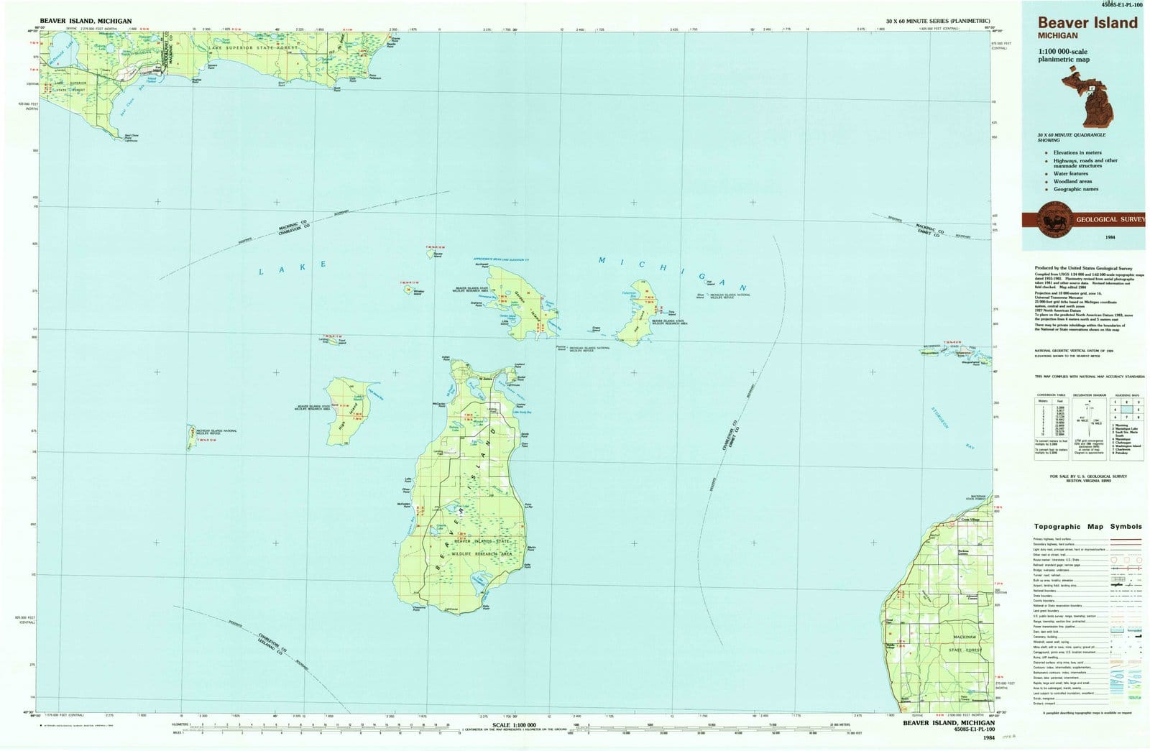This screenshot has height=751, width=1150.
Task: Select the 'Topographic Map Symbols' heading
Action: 1087,527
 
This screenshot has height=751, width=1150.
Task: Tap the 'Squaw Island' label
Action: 438,255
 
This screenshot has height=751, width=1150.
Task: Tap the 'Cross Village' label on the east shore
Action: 970,520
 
